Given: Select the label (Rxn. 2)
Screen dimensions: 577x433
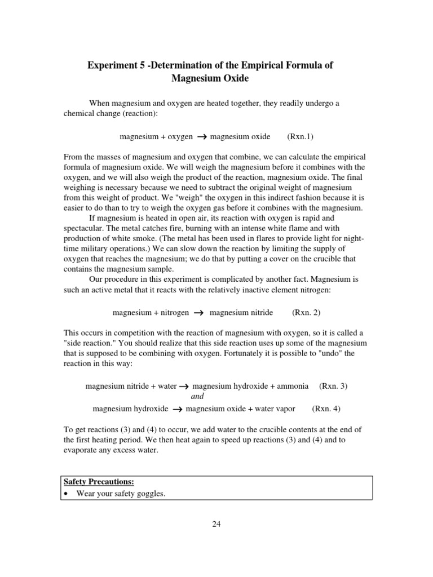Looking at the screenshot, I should [x=306, y=312].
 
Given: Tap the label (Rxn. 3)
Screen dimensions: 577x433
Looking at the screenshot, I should [x=333, y=386].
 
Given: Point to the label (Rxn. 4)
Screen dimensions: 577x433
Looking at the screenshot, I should [x=326, y=409].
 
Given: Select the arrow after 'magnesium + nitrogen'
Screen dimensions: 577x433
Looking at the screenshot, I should [x=198, y=313].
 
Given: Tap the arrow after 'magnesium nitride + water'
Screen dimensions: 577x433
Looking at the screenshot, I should [x=183, y=387].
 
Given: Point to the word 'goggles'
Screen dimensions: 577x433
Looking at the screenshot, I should [x=151, y=494].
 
